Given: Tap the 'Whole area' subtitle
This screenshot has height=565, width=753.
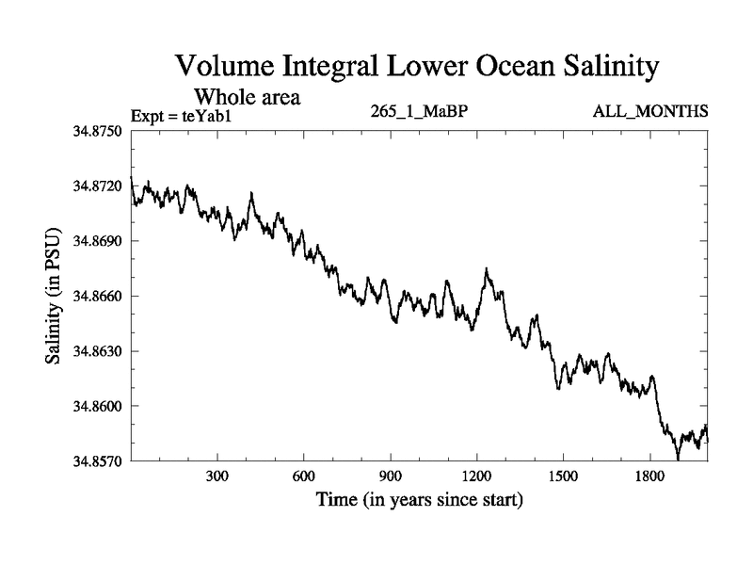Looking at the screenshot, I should [x=247, y=96].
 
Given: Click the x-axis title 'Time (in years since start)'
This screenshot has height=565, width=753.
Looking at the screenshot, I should [x=419, y=499].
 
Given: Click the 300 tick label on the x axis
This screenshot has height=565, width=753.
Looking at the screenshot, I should [x=217, y=476].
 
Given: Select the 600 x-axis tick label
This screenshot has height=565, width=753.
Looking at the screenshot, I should [x=304, y=476].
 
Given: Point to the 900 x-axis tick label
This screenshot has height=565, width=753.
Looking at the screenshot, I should [x=391, y=476].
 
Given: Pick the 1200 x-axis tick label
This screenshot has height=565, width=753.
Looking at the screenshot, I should [x=476, y=476].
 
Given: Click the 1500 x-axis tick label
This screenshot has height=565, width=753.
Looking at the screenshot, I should [x=563, y=476].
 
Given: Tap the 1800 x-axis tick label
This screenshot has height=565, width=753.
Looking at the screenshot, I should [x=649, y=476].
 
